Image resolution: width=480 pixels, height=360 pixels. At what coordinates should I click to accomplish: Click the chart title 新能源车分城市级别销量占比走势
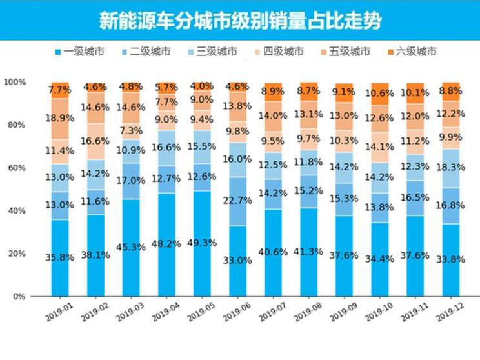[240, 21]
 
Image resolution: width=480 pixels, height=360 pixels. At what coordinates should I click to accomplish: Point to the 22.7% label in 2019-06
[238, 201]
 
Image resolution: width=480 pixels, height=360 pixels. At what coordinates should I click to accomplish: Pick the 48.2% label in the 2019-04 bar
[166, 245]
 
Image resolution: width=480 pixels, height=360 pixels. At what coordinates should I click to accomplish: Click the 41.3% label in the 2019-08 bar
[308, 251]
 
